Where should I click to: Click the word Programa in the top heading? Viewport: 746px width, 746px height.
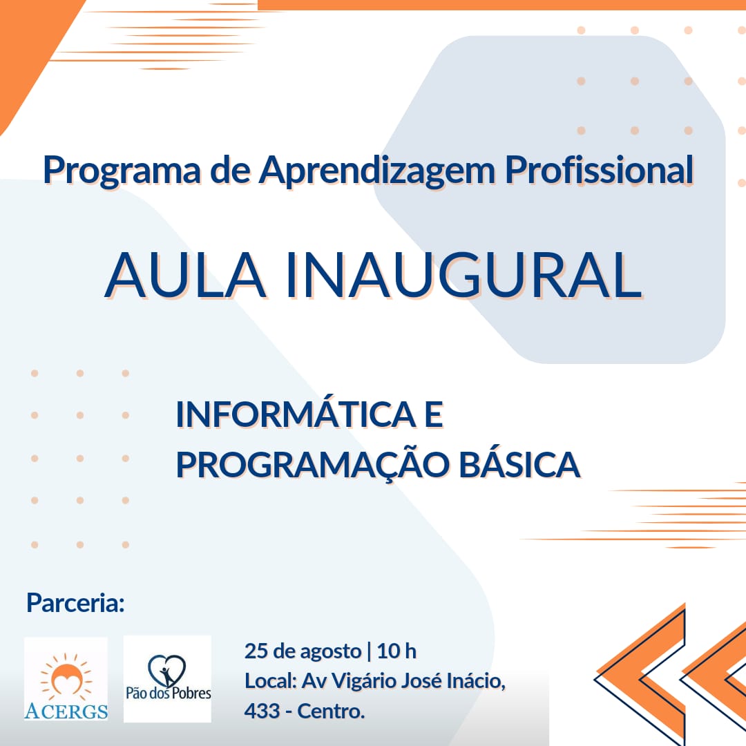[122, 171]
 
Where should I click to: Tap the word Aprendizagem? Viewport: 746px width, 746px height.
[377, 171]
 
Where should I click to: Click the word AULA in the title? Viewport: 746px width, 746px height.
[185, 276]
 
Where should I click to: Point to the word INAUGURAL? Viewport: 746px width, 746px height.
[464, 276]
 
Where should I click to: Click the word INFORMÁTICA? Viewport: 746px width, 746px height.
[296, 414]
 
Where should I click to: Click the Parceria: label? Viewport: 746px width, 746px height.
[75, 603]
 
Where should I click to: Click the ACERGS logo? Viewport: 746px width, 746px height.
[66, 679]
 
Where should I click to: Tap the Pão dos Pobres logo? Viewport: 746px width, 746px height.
[167, 679]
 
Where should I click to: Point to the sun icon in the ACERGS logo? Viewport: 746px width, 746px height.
[66, 676]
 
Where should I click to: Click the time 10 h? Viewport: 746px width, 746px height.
[396, 651]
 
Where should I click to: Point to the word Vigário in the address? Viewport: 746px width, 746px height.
[364, 681]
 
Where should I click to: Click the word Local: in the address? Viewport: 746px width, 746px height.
[271, 680]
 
